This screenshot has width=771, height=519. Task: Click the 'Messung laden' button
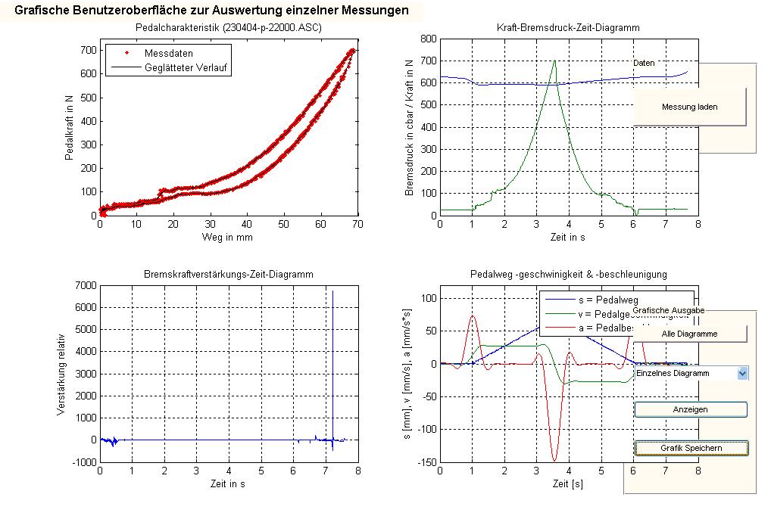tap(689, 107)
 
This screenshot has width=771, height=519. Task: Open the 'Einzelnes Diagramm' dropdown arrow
tap(742, 373)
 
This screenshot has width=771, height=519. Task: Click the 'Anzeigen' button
tap(690, 409)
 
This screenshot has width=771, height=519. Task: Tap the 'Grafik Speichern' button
tap(691, 448)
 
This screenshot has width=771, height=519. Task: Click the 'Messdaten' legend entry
tap(168, 54)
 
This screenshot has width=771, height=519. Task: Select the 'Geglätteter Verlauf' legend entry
tap(187, 67)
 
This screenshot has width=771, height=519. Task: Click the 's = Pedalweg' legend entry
tap(595, 300)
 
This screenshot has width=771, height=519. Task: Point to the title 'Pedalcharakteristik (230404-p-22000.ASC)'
tap(228, 27)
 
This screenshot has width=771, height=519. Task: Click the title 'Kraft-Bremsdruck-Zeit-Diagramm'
tap(569, 27)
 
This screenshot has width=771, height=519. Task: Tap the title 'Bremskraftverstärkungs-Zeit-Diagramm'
tap(228, 274)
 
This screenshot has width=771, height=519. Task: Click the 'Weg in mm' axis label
tap(228, 237)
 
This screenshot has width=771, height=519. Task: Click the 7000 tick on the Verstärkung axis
tap(85, 285)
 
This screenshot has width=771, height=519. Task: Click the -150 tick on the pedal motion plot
tap(427, 461)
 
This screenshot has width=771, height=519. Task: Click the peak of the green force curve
tap(554, 61)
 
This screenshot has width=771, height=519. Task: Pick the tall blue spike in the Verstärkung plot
tap(332, 340)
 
